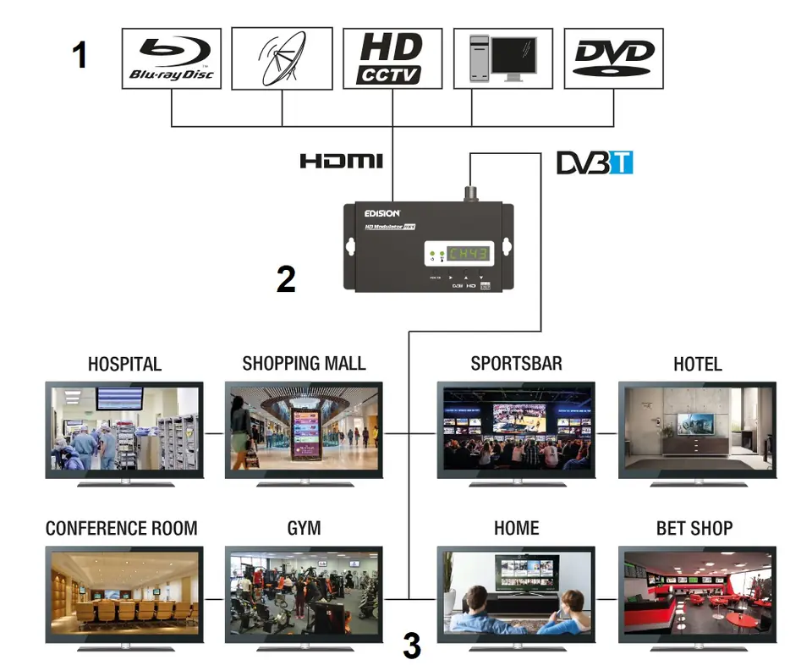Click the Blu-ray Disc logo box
[x=172, y=58]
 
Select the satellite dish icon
[x=282, y=58]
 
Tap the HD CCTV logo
[x=392, y=58]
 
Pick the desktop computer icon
[x=502, y=58]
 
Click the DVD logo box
[x=613, y=58]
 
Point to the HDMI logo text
[x=341, y=161]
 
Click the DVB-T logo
[x=595, y=162]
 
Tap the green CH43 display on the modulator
[x=467, y=254]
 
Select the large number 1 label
[x=80, y=56]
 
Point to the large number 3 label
[x=412, y=646]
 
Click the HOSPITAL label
[x=124, y=364]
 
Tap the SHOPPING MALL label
[x=304, y=363]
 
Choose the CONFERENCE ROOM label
[x=121, y=528]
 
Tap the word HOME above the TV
[x=516, y=528]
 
